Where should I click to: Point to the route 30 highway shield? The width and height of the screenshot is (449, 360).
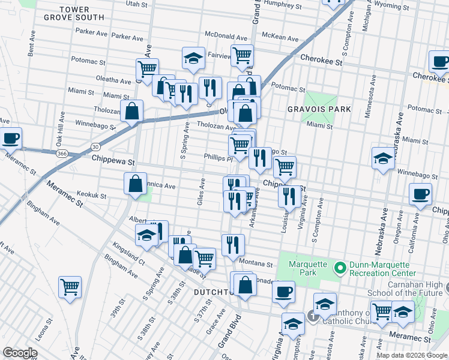(95, 146)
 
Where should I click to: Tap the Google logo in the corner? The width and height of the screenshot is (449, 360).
(20, 352)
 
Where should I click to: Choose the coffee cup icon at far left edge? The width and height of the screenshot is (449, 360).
(11, 138)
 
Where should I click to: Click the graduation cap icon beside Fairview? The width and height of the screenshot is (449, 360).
(194, 58)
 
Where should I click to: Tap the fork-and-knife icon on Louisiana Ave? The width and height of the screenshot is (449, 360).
(290, 195)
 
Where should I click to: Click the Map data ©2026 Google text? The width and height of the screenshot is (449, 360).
(411, 355)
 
